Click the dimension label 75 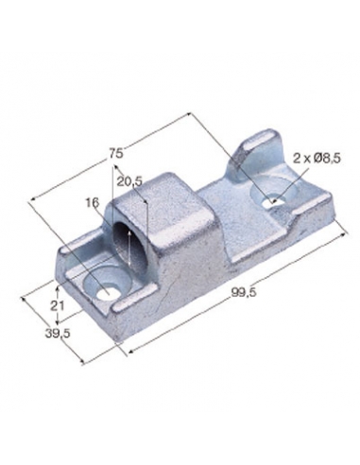pyautogui.click(x=115, y=154)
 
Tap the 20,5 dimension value pyautogui.click(x=129, y=181)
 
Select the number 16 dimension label pyautogui.click(x=93, y=202)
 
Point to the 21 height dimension pyautogui.click(x=58, y=305)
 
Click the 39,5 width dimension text pyautogui.click(x=58, y=334)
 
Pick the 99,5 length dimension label pyautogui.click(x=244, y=292)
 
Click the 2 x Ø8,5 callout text pyautogui.click(x=317, y=159)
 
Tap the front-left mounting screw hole pyautogui.click(x=107, y=292)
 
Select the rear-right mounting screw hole pyautogui.click(x=274, y=201)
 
